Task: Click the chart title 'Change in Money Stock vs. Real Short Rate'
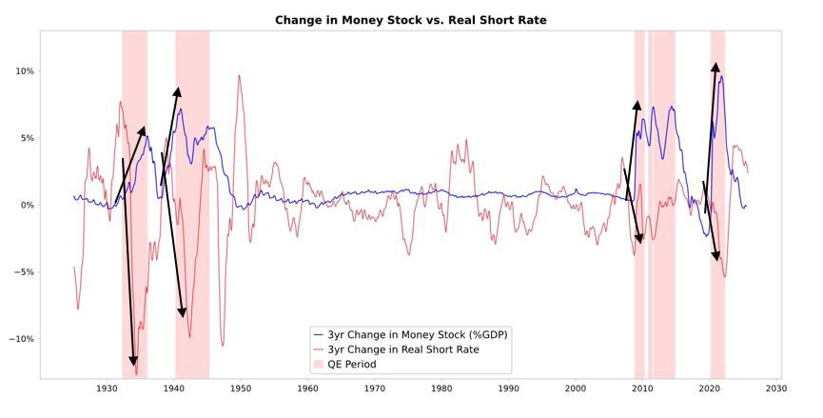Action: pos(411,20)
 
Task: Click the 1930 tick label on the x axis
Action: pos(107,389)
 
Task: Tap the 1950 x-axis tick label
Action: pos(241,389)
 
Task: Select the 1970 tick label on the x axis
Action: pos(374,389)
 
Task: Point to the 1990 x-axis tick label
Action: pos(508,389)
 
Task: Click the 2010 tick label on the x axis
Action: pos(642,389)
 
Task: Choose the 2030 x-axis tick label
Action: pos(775,389)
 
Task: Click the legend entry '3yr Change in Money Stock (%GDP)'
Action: pos(416,334)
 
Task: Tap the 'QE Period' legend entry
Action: pos(352,365)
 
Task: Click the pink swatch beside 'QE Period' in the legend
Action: pos(319,365)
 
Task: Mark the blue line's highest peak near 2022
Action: pos(722,76)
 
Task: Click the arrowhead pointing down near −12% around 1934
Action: pos(133,363)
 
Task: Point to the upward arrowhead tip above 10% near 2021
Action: pos(715,65)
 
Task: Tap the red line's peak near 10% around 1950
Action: pos(240,75)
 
